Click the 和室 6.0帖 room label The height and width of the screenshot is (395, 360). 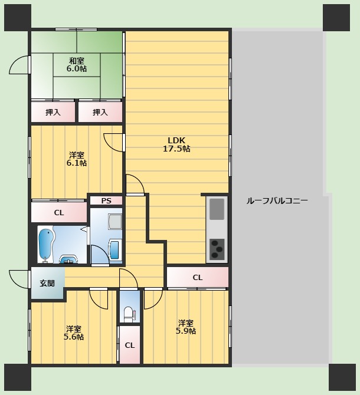pos(77,65)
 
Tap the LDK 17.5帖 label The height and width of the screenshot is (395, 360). pos(176,144)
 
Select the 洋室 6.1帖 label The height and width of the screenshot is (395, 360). pos(77,159)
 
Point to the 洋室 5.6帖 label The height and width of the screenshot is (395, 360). pos(74,333)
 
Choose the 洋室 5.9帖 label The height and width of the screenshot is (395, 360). pos(186,327)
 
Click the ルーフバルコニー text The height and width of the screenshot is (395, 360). pos(277,201)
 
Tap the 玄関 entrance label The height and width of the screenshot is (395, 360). pos(47,283)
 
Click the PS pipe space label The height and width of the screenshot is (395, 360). pos(106,201)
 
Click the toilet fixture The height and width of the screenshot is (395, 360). pos(130,313)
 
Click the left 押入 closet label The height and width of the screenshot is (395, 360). pos(53,112)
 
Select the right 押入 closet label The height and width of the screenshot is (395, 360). pos(100,112)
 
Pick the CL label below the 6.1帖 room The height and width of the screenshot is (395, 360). pos(59,213)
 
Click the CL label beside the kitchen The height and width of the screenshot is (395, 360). pos(197,278)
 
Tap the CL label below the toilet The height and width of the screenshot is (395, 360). pos(129,345)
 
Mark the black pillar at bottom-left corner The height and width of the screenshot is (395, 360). pos(18,377)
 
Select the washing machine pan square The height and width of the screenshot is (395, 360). pos(114,222)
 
